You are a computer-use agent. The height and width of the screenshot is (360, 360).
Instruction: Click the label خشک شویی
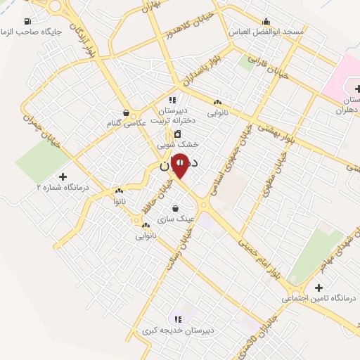click(x=176, y=145)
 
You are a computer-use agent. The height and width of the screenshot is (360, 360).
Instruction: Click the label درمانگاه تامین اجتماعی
click(x=319, y=298)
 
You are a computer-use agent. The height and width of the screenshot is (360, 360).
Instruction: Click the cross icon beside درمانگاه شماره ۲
click(x=63, y=176)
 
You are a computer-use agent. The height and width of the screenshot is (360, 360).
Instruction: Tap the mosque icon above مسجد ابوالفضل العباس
click(x=266, y=21)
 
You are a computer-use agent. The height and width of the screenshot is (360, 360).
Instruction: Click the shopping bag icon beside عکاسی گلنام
click(x=125, y=112)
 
